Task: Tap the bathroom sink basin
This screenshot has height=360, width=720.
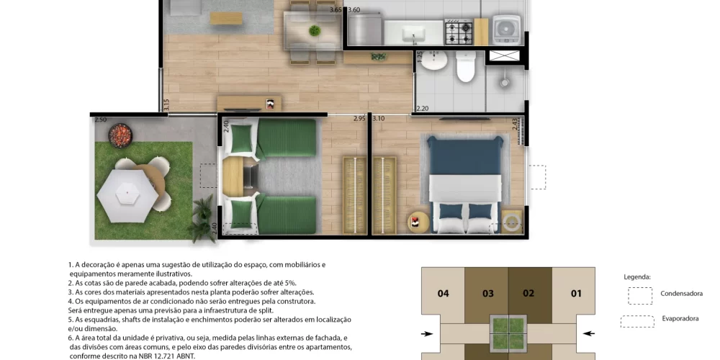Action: [434, 63]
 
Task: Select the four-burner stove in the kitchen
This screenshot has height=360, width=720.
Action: [458, 31]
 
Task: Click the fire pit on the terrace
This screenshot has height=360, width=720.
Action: [121, 133]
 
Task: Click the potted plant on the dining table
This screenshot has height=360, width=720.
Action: [314, 30]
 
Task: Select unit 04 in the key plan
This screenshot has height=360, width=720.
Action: [444, 293]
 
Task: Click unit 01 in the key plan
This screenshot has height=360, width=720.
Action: [576, 293]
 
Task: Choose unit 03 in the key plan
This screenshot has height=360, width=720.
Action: [487, 293]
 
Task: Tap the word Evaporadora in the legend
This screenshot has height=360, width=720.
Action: [680, 318]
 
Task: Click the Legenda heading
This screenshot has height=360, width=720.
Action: [638, 276]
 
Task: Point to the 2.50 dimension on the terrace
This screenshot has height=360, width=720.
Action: [100, 120]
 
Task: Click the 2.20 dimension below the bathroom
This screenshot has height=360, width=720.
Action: [422, 109]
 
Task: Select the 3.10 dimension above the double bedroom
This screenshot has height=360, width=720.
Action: [378, 119]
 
